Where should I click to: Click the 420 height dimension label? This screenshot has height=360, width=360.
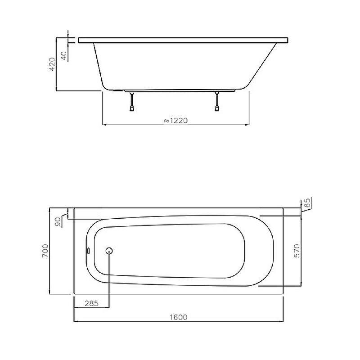(x=53, y=64)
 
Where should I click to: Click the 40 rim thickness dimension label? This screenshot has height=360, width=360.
(x=64, y=56)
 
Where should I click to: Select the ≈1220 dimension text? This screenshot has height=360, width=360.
(x=176, y=120)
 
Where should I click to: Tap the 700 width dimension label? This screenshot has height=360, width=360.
(x=45, y=251)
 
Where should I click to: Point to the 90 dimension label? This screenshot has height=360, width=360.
(x=58, y=221)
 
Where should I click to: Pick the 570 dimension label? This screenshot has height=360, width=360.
(x=297, y=251)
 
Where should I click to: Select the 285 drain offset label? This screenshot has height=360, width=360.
(x=92, y=303)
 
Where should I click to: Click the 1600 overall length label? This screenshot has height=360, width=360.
(x=178, y=317)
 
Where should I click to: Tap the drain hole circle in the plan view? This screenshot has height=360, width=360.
(x=109, y=251)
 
